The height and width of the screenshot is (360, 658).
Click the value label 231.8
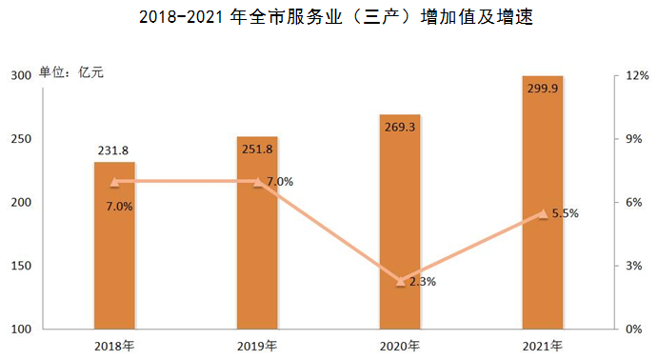point(114,150)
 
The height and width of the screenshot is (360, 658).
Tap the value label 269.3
point(400,103)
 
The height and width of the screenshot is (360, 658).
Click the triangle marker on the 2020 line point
point(401,281)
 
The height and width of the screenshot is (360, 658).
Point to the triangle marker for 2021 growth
point(543,213)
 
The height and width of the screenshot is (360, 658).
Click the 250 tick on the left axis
point(21,139)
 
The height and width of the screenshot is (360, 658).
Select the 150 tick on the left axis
point(21,266)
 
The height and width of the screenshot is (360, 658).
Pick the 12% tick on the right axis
point(637,76)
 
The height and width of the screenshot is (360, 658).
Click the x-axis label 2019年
point(257,345)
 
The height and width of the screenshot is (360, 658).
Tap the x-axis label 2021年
point(543,345)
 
